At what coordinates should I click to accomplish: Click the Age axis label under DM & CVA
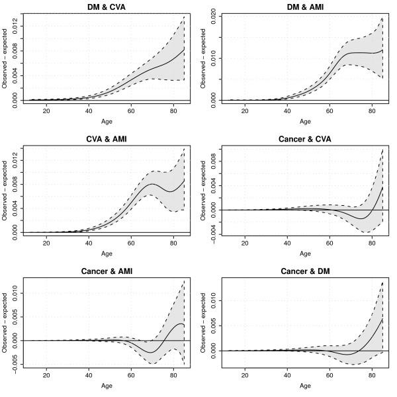pyautogui.click(x=106, y=122)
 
